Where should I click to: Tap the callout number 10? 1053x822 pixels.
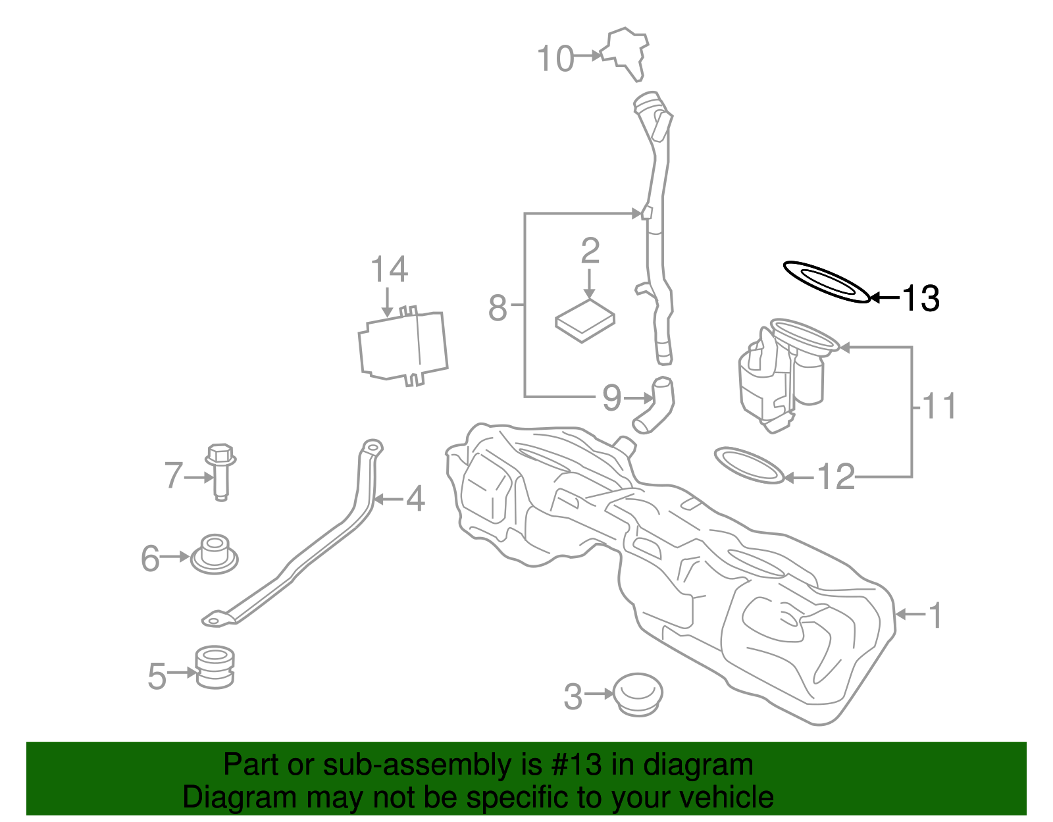555,59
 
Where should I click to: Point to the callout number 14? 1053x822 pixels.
389,269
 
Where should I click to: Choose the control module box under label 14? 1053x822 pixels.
403,346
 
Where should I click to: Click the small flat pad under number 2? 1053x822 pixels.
585,321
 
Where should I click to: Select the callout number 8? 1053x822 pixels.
498,307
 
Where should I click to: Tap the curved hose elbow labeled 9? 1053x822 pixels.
654,405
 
